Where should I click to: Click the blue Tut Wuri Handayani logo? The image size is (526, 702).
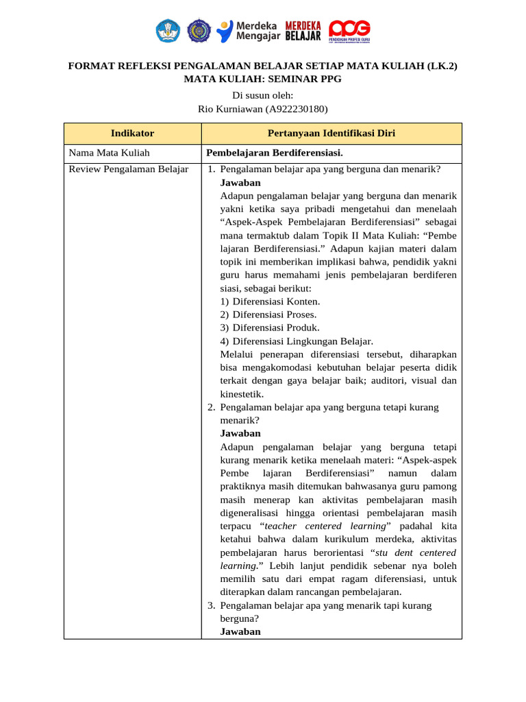[168, 30]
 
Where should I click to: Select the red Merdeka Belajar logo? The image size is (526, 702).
[303, 30]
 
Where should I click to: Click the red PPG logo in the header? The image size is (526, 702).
[349, 30]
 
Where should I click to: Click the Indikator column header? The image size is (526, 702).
[132, 133]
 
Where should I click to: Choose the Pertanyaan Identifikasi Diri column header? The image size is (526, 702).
[331, 133]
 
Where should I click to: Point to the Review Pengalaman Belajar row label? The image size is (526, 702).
[129, 169]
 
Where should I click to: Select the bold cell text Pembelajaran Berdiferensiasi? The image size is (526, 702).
[275, 153]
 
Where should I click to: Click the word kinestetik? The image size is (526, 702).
[242, 394]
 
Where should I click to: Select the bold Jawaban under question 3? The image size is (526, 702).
[240, 631]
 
